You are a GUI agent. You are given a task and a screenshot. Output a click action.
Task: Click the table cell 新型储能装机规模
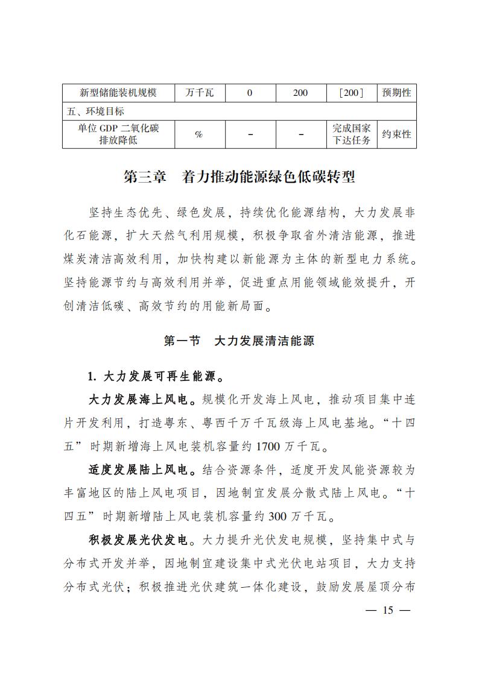(x=118, y=93)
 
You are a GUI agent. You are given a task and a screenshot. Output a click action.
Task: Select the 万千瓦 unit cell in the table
(x=198, y=93)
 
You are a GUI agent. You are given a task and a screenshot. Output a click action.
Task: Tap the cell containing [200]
(x=351, y=93)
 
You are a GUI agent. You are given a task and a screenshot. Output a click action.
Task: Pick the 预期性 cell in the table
(x=396, y=93)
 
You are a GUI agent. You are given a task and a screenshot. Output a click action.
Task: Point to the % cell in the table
(x=198, y=134)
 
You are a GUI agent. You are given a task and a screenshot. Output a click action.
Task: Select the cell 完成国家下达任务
(x=351, y=134)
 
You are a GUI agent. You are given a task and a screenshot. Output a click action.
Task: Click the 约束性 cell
(x=396, y=134)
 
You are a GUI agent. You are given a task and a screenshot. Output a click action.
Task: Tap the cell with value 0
(x=249, y=93)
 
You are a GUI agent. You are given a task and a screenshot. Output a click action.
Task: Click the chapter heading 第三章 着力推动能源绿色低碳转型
(x=239, y=177)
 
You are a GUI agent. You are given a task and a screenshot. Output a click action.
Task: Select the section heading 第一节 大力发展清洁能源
(x=239, y=341)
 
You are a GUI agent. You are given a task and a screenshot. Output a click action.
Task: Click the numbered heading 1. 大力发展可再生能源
(x=156, y=377)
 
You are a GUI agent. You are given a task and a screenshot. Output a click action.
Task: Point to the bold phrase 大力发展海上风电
(x=138, y=400)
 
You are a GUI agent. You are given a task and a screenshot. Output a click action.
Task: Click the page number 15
(x=387, y=611)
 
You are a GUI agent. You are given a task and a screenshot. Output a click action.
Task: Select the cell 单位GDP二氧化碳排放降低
(x=118, y=134)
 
